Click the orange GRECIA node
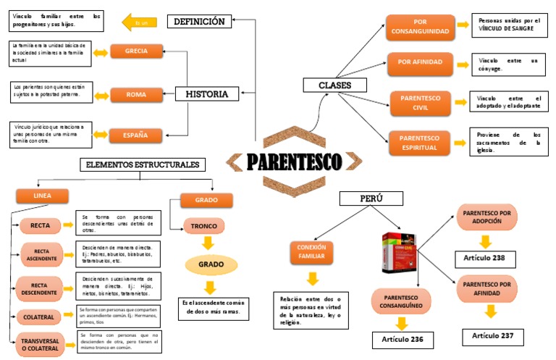coord(136,51)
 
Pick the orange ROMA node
coord(136,94)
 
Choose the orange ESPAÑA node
coord(136,135)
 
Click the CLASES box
coord(334,85)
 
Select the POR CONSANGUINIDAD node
coord(420,27)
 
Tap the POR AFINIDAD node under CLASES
coord(420,62)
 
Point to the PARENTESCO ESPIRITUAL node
coord(420,142)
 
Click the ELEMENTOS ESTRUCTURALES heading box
coord(141,164)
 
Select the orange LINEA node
coord(42,196)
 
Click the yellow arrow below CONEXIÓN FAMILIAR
coord(312,278)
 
